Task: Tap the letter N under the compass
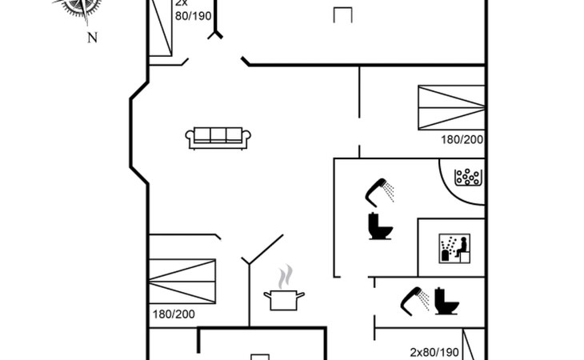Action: point(91,38)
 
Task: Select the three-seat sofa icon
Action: point(218,138)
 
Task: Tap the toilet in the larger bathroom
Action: point(379,227)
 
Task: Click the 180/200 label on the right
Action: point(462,139)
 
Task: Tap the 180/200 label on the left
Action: point(174,314)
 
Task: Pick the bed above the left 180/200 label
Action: point(182,281)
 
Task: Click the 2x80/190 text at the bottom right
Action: point(434,352)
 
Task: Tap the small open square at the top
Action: point(343,14)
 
